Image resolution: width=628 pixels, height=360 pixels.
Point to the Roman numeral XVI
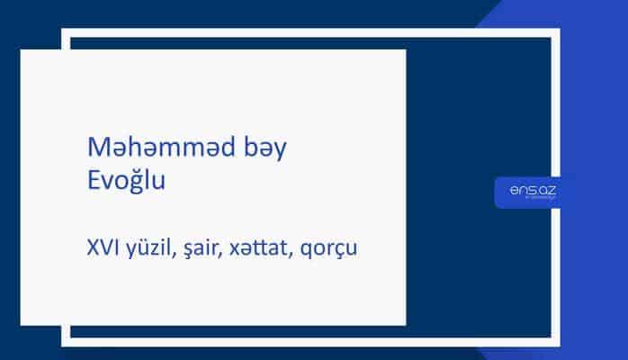[x=98, y=244]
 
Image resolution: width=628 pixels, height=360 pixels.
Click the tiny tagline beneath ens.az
[x=534, y=200]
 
